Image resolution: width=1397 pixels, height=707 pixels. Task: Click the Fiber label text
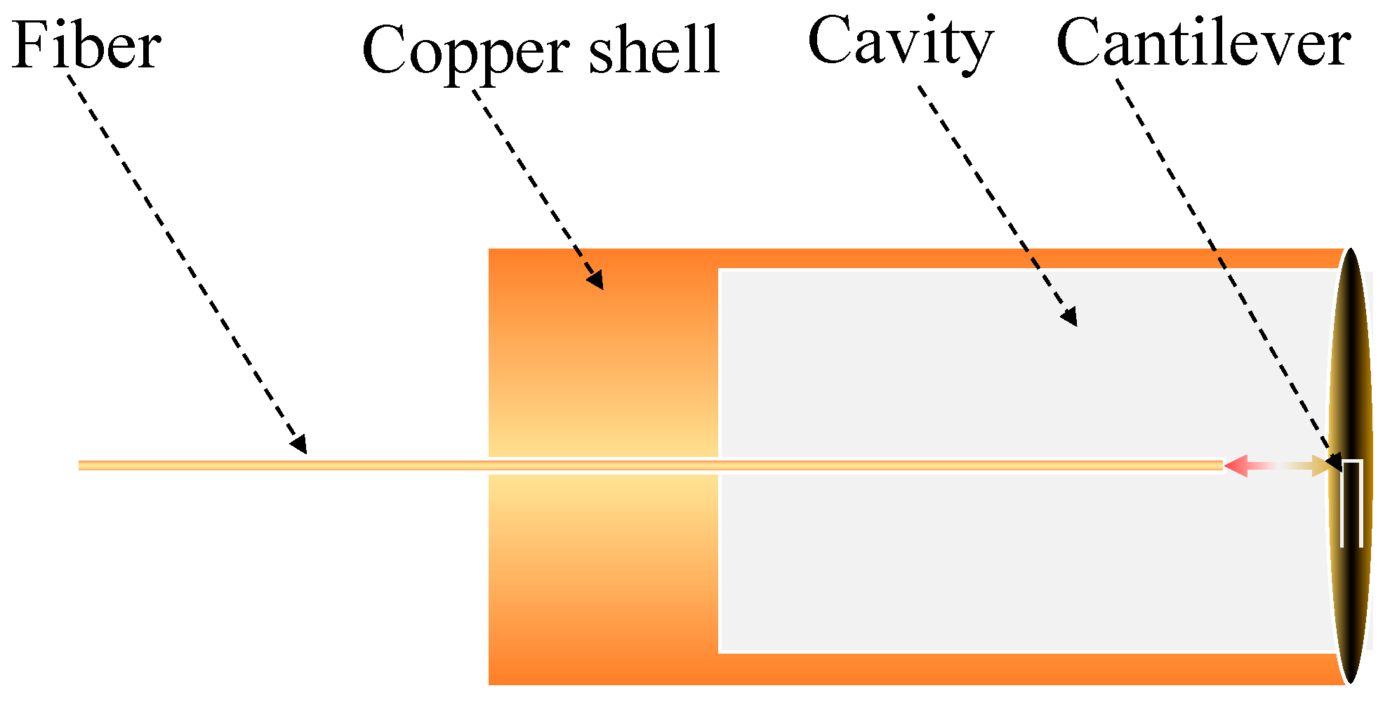point(86,46)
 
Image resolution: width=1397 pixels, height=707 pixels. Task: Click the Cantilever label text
point(1203,44)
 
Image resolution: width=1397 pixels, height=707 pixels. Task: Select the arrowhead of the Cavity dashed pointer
point(1069,318)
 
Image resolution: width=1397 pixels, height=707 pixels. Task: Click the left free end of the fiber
point(81,465)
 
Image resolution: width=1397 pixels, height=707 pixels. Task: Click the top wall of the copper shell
point(983,258)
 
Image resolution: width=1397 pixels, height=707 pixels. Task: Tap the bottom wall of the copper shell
point(983,668)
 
